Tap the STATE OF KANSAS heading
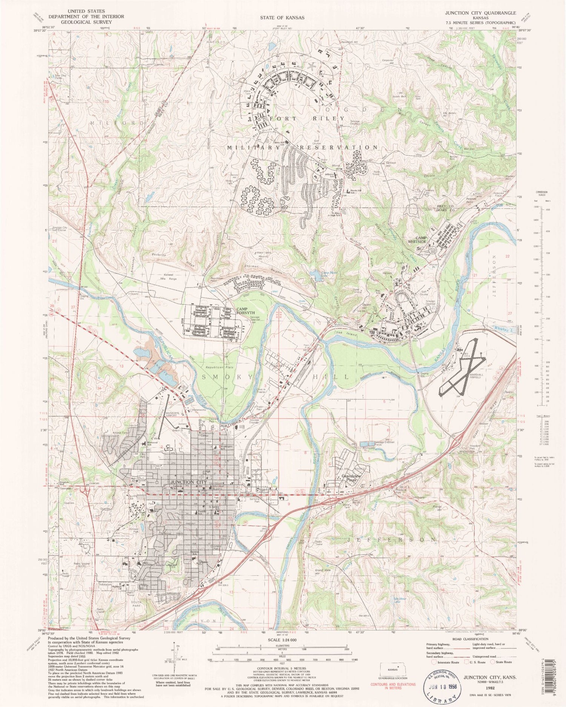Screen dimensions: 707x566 coord(282,17)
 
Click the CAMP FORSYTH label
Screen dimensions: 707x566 coord(245,311)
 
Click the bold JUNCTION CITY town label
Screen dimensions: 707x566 coord(188,482)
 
